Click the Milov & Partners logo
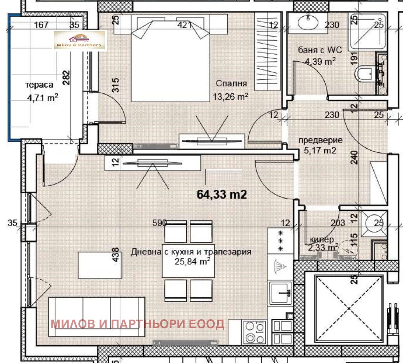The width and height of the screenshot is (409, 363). pos(79,41)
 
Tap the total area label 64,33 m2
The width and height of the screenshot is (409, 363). pos(222,194)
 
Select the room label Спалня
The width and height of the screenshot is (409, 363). pos(231,84)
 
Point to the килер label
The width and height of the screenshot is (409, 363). pos(320,239)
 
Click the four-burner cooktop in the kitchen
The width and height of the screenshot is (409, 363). pos(254,332)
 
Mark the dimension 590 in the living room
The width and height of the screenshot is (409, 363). pos(159,223)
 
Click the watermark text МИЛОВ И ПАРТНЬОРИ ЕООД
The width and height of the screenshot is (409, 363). pos(137,324)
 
